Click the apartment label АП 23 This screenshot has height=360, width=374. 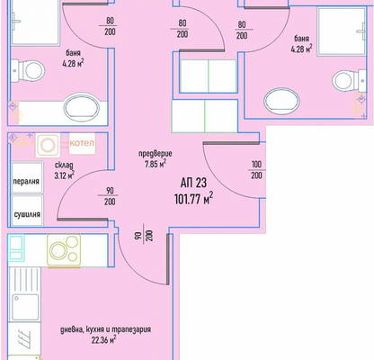coord(193,183)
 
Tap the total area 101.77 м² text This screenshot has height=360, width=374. coord(193,199)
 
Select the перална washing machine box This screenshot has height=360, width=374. coord(27,178)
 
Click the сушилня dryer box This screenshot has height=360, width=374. coord(27,211)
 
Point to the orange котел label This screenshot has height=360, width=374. coord(82,143)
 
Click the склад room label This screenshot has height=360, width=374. coord(64,166)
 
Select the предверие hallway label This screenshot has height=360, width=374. coord(156,154)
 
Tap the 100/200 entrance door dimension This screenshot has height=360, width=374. coord(256,170)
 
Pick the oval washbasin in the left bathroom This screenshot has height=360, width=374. coord(82,107)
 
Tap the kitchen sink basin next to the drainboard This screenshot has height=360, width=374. coord(26,307)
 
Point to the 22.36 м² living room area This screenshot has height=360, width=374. coord(104,340)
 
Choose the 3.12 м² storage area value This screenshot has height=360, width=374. coord(64,175)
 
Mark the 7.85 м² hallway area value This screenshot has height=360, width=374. coord(156,164)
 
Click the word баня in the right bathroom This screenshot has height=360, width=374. coord(301,39)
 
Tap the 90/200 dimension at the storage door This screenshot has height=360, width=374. coord(110,196)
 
